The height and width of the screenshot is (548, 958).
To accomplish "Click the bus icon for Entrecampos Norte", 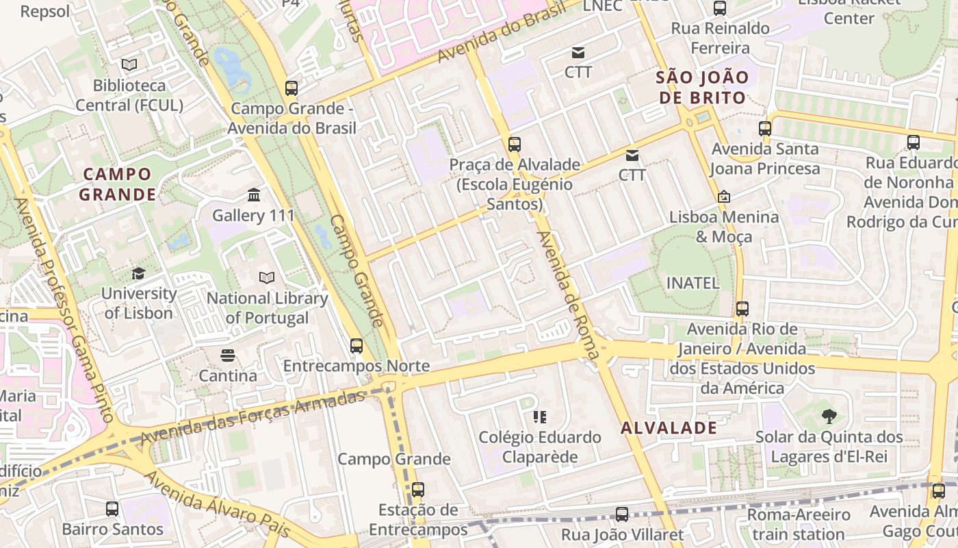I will tap(357, 346).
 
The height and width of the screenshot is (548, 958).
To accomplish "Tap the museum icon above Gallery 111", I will tap(254, 195).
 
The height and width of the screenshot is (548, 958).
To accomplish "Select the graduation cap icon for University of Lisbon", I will tap(138, 273).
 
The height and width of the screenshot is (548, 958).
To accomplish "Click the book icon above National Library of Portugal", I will tap(267, 278).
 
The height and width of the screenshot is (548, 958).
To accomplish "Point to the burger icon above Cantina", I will tap(227, 356).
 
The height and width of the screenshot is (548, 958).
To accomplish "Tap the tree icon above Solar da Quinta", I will tap(829, 416).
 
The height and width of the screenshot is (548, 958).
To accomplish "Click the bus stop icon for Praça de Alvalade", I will tap(515, 145).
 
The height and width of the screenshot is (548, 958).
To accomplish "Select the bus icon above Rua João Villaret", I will tap(622, 514).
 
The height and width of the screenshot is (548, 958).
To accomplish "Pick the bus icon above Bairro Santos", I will tap(112, 509).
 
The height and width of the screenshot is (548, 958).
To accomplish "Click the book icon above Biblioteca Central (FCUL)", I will tap(129, 65).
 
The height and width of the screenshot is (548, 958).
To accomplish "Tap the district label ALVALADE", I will tap(669, 429).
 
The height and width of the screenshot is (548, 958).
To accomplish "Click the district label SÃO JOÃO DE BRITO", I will tap(702, 88).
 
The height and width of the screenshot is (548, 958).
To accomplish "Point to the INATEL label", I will tap(692, 283).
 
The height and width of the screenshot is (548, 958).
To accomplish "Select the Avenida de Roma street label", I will tap(569, 295).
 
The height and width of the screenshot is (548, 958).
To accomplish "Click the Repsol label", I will tap(45, 12).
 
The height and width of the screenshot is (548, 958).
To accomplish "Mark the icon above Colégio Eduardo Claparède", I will tap(539, 416).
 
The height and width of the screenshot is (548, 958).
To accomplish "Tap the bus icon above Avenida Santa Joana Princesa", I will tap(765, 128).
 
